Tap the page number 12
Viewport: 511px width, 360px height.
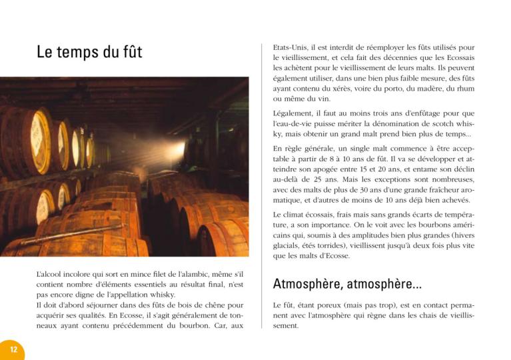pos(13,349)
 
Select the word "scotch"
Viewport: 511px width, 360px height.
pos(444,124)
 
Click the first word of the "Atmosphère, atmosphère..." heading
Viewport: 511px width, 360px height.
pos(308,285)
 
